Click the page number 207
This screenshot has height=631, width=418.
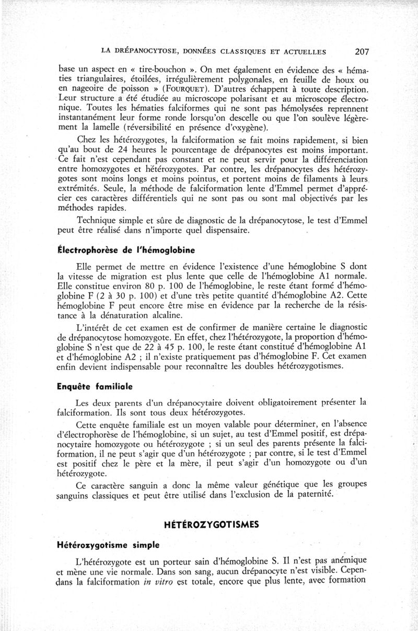362,51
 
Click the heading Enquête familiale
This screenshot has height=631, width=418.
95,387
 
